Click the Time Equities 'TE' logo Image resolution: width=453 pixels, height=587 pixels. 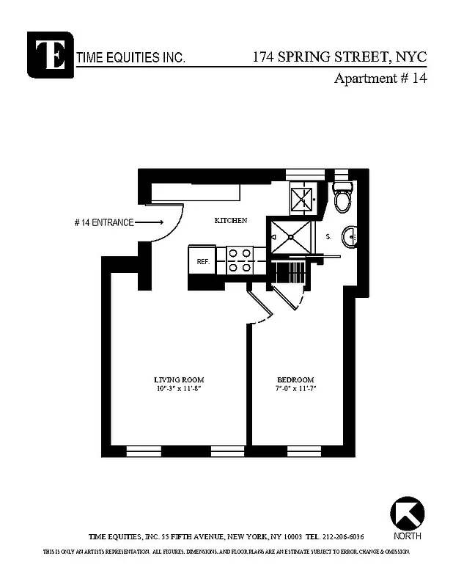(x=50, y=54)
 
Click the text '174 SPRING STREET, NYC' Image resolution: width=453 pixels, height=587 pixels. (x=339, y=56)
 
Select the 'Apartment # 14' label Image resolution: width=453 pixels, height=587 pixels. (x=380, y=79)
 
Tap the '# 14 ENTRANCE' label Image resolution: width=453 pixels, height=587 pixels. (x=103, y=222)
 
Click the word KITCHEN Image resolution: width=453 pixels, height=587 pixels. (x=230, y=221)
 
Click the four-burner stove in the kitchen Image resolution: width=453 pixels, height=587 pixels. (x=240, y=260)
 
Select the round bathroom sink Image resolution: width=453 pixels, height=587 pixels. (x=351, y=236)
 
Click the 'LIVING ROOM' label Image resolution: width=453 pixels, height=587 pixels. (x=179, y=379)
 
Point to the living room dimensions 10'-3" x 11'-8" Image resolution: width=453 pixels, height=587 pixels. (x=178, y=389)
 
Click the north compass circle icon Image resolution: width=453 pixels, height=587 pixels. (x=407, y=513)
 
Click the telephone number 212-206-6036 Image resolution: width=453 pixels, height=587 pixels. (x=344, y=536)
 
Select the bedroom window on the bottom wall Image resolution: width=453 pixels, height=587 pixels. (x=304, y=450)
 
